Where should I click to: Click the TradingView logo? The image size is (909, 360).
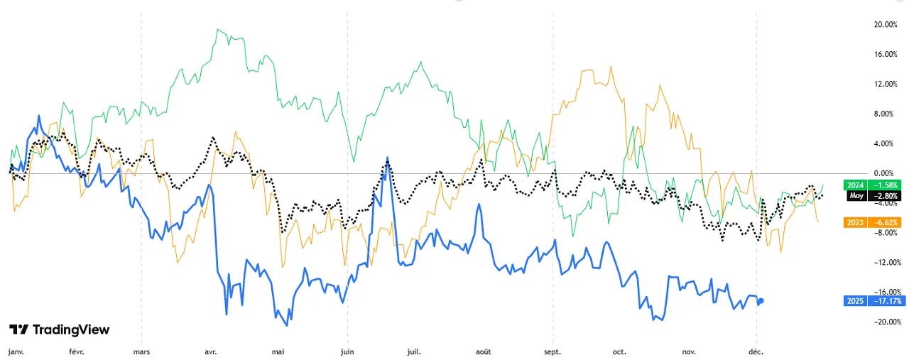pos(59,329)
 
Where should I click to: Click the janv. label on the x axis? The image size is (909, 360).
pos(15,351)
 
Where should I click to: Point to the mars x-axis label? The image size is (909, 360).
pos(141,351)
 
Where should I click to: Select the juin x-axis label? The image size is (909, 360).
pos(347,351)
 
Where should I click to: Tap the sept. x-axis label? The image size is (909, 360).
pos(553,351)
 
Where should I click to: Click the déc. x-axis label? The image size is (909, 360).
pos(757,351)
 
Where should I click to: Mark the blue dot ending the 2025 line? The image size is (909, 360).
pos(761,300)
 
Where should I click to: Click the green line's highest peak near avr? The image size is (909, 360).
pos(217,30)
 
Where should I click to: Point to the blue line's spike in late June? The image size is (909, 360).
pos(387,158)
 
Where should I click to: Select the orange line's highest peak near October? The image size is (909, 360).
pos(611,67)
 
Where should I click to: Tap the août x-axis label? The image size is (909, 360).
pos(484,351)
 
